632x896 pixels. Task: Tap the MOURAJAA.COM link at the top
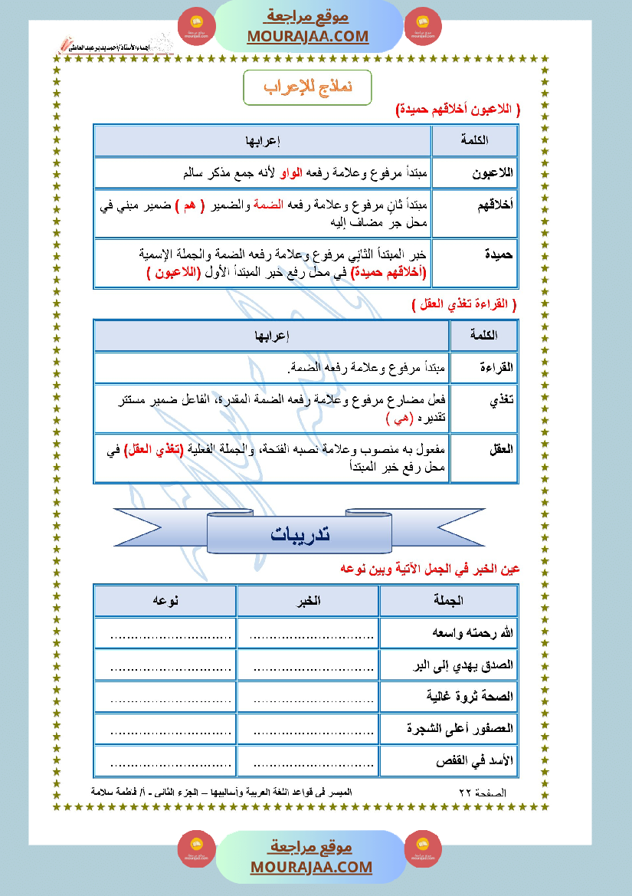click(x=308, y=36)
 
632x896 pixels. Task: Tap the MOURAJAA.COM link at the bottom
click(x=311, y=867)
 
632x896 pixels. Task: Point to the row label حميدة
click(x=498, y=252)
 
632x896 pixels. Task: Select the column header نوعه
click(x=165, y=601)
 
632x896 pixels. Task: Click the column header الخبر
click(x=308, y=601)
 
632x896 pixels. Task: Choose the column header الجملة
click(x=448, y=601)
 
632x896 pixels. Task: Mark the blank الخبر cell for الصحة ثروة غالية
click(x=308, y=697)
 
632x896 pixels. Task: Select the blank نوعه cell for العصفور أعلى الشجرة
click(x=165, y=730)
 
